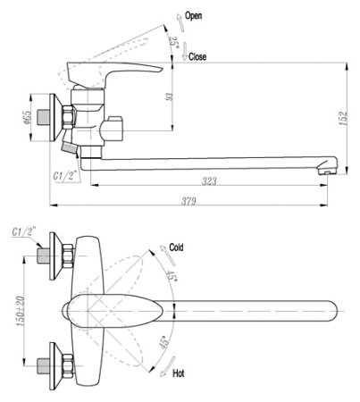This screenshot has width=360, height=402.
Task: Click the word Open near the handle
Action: point(194,16)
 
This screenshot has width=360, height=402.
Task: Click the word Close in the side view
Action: point(198,55)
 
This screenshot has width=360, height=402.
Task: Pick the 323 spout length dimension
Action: point(210,180)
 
